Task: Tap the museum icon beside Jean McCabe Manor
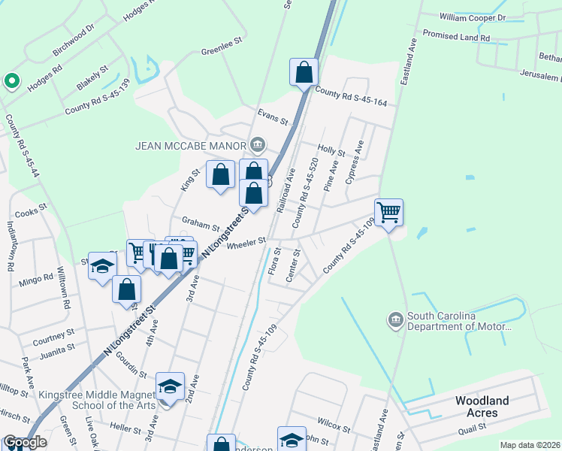(258, 144)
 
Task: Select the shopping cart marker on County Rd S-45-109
(388, 212)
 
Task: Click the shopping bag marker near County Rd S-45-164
(304, 73)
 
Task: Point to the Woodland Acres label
(482, 407)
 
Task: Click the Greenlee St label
(223, 53)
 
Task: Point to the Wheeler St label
(246, 243)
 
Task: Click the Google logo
(24, 443)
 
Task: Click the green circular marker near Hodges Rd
(11, 80)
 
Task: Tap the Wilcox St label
(334, 428)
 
